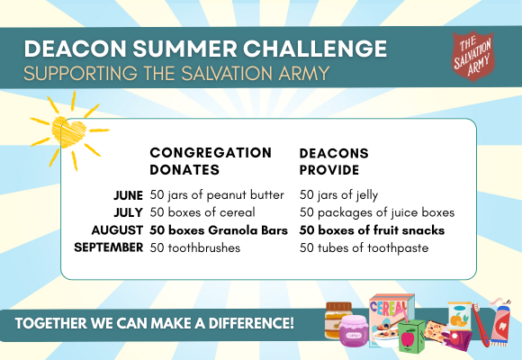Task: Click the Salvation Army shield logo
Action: (x=472, y=56)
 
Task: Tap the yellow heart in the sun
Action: (x=69, y=132)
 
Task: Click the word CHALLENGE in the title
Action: (x=315, y=49)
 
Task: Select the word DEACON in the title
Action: (x=75, y=49)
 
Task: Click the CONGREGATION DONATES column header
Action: (x=211, y=161)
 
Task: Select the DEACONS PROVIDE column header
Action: (x=334, y=161)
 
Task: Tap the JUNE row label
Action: (x=128, y=195)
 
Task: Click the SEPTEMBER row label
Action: (x=109, y=247)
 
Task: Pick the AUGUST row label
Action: (x=117, y=230)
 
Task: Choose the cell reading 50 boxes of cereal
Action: (x=202, y=212)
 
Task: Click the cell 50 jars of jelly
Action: (x=338, y=195)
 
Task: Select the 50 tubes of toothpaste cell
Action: (x=364, y=248)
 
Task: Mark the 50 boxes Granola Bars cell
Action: (x=219, y=230)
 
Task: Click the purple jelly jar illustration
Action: (x=354, y=331)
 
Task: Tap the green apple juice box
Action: (x=412, y=337)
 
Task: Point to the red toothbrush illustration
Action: (x=481, y=324)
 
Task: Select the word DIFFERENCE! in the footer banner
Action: (x=251, y=323)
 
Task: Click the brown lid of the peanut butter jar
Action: (x=339, y=306)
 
